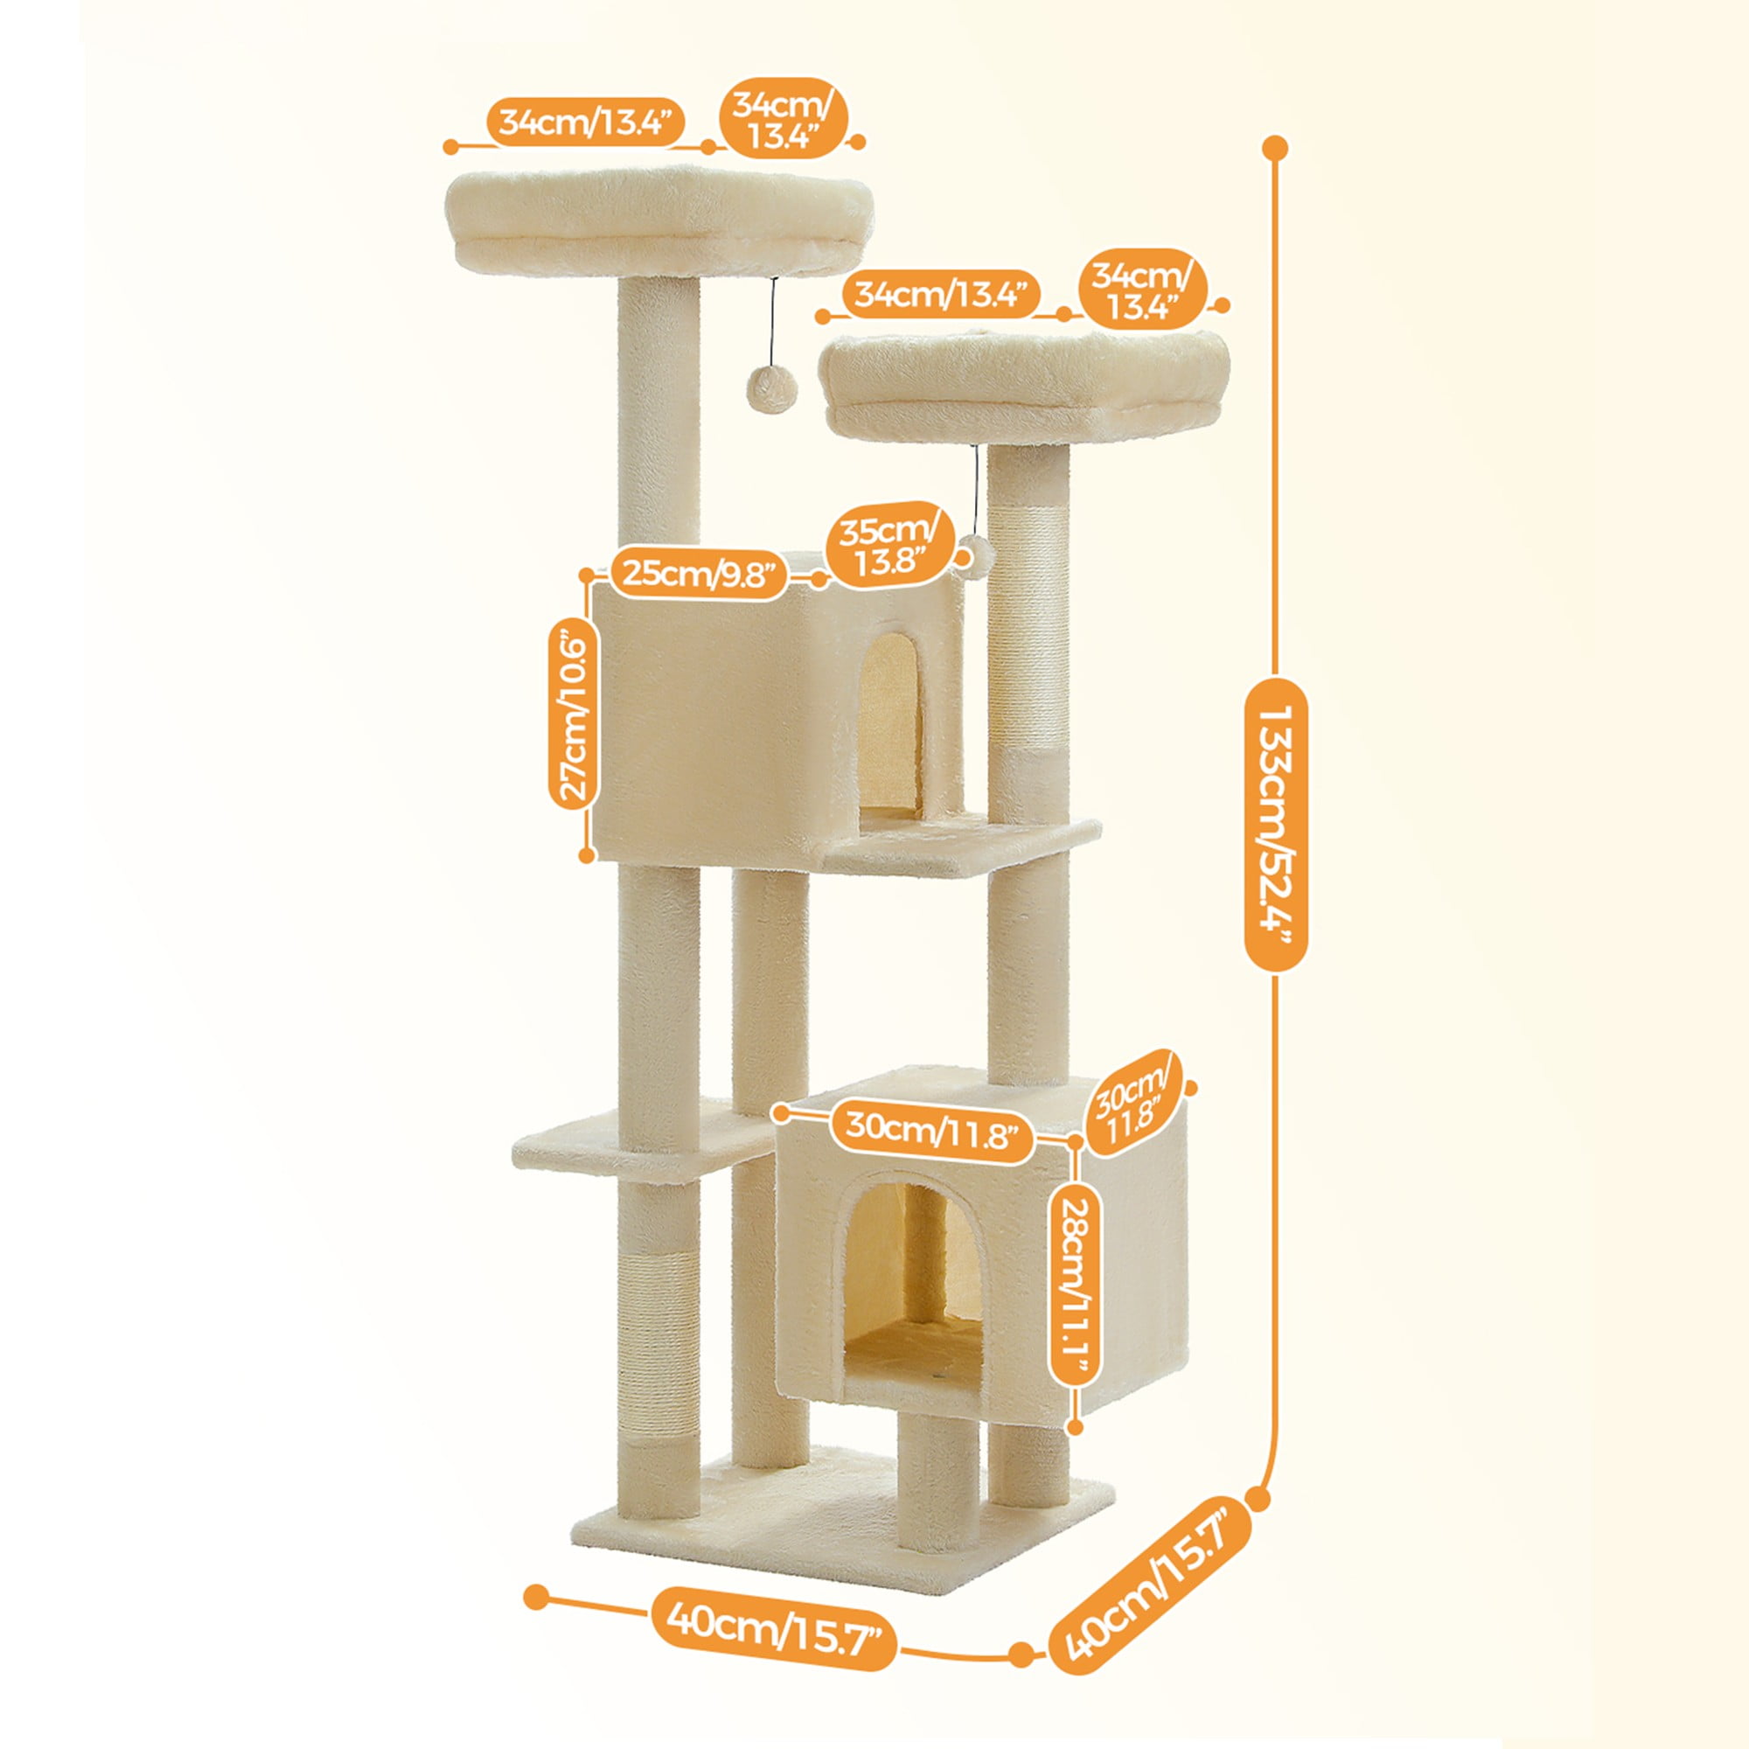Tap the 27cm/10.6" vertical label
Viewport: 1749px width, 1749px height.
(575, 715)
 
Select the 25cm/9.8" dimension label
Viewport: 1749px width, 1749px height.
(699, 573)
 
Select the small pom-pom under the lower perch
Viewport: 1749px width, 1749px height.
(975, 554)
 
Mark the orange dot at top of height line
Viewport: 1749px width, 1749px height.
(1276, 148)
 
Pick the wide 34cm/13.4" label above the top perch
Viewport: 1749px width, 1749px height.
(585, 122)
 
